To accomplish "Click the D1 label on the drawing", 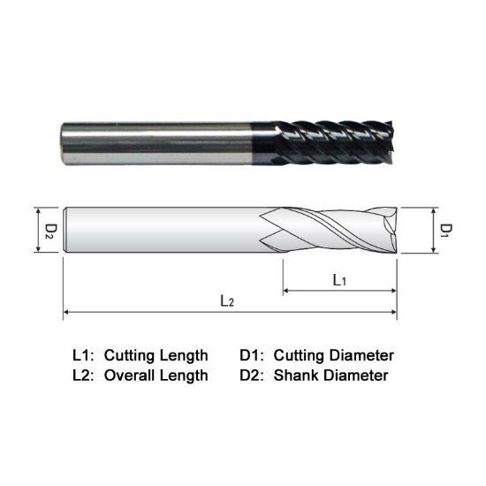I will pos(446,231).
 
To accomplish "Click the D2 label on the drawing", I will pos(50,231).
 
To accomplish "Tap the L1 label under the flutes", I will pos(338,279).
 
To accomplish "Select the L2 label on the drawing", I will pos(227,300).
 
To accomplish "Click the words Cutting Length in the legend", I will pos(156,355).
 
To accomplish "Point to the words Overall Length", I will pos(156,375).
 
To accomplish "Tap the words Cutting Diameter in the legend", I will pos(334,355).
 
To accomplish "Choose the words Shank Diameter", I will pos(331,375).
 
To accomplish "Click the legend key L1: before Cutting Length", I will pos(83,355).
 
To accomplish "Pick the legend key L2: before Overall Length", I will pos(83,375).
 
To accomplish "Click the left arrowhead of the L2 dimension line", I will pos(66,312).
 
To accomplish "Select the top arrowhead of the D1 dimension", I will pos(434,211).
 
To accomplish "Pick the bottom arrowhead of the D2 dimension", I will pos(38,251).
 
